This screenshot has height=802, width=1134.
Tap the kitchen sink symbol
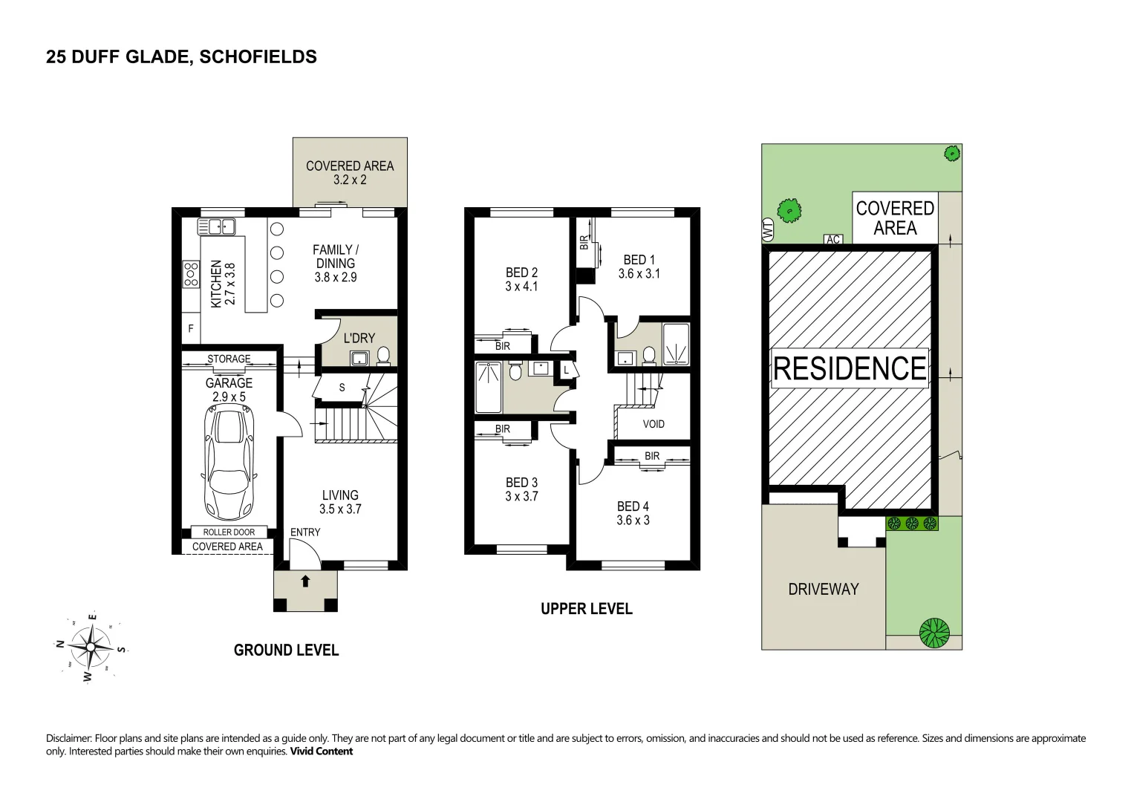click(216, 226)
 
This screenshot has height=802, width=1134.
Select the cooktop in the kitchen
click(191, 274)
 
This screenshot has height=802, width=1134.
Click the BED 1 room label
click(639, 260)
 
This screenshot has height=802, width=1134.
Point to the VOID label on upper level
click(654, 424)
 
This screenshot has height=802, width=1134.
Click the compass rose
click(90, 647)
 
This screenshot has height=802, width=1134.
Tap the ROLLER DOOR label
click(229, 532)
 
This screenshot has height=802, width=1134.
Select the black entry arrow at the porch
click(305, 581)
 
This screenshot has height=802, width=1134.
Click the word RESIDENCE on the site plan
click(850, 368)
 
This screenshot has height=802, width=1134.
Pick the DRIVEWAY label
click(824, 589)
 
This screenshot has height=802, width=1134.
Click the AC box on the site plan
click(833, 239)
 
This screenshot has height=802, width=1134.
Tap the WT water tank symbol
click(768, 229)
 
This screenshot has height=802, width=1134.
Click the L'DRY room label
click(359, 338)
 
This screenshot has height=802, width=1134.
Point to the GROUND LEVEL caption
click(286, 650)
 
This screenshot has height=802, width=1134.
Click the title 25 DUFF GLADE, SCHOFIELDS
click(181, 56)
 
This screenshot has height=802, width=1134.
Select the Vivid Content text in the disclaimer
click(321, 751)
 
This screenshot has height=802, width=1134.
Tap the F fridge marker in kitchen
click(191, 328)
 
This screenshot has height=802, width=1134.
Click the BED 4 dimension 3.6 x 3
click(633, 520)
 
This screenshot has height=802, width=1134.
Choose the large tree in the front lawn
click(934, 633)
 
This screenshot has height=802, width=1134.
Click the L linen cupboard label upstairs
click(566, 370)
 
